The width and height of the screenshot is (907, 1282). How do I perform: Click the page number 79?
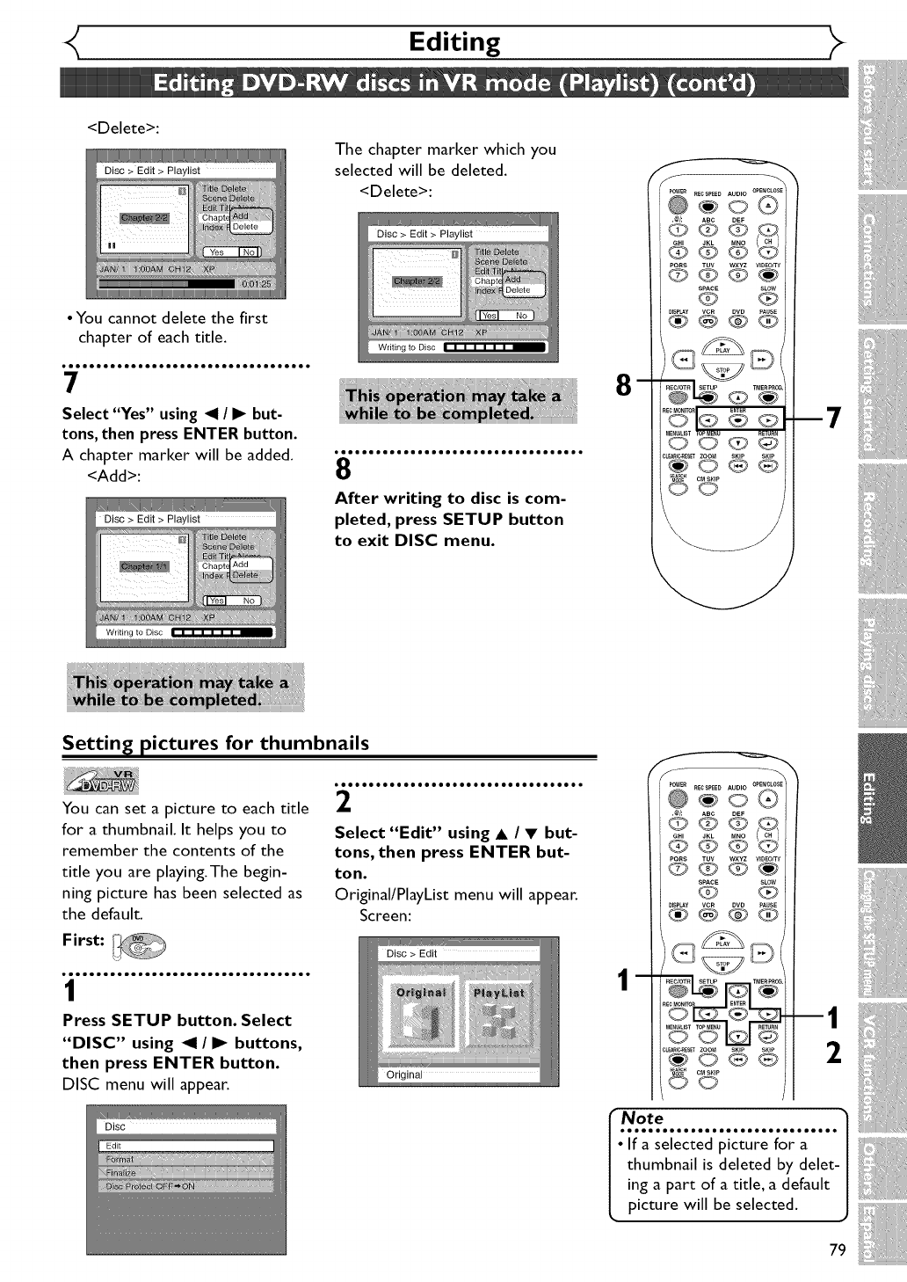(837, 1250)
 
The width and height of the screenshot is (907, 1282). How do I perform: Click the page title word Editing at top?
(454, 41)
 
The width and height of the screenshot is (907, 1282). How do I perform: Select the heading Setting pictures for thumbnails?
(215, 743)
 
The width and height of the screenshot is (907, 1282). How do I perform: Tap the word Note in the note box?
(642, 1118)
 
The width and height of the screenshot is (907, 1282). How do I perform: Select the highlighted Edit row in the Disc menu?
(185, 1146)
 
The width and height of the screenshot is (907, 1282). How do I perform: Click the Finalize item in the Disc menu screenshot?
(121, 1173)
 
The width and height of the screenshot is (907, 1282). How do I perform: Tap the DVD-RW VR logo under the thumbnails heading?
(101, 779)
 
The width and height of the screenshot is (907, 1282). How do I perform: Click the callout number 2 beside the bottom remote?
(834, 1052)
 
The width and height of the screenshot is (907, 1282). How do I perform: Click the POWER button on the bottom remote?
(677, 798)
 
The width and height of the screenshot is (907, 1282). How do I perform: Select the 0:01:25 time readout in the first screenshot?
(256, 284)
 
